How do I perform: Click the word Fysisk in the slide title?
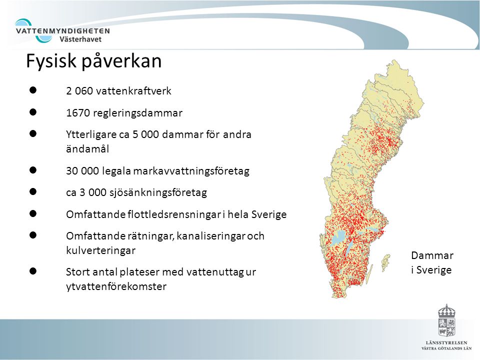(51, 61)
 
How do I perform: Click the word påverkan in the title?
(121, 61)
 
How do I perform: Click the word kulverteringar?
(100, 250)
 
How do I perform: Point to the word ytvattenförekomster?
(116, 286)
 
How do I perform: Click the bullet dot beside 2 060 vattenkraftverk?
(33, 90)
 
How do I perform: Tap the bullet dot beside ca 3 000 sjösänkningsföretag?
(33, 191)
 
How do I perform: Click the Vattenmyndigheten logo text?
(63, 31)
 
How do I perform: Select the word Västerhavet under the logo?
(80, 39)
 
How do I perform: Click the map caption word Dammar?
(432, 255)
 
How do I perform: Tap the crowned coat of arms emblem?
(446, 320)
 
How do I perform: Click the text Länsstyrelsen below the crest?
(446, 343)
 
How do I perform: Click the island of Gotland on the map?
(385, 261)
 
